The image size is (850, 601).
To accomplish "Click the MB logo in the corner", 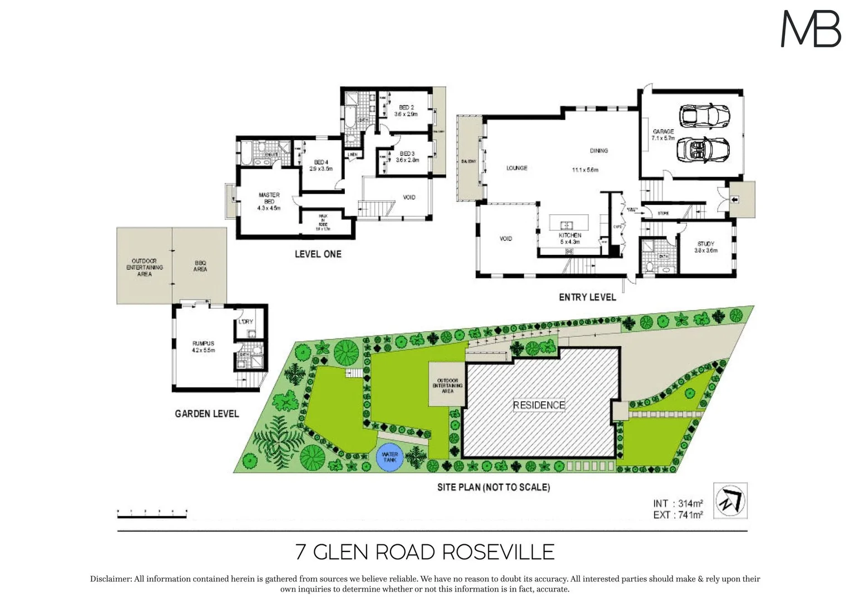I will click(811, 29).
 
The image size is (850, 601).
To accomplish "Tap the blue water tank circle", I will click(389, 457).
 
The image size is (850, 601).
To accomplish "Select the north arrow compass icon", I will click(730, 500).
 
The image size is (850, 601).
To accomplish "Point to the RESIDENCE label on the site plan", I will click(538, 405).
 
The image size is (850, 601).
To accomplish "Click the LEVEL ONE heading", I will click(318, 254).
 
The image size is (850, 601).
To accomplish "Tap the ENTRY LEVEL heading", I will click(587, 297).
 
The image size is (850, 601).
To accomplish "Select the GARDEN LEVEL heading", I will click(206, 413).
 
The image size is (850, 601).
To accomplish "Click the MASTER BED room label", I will click(269, 201).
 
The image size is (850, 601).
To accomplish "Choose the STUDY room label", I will click(705, 247).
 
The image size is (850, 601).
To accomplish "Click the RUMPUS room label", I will click(203, 347).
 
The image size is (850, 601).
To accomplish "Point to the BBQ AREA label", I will click(200, 266).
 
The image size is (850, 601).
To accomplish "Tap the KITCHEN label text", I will click(570, 235).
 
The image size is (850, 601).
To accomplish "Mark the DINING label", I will click(599, 150).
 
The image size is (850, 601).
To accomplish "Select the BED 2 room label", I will click(406, 110).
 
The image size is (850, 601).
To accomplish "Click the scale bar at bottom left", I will click(152, 514).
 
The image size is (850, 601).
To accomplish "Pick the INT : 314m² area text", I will click(678, 504).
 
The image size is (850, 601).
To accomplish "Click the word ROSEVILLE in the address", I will click(498, 552).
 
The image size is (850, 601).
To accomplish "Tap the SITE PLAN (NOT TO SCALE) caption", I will click(493, 487).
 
